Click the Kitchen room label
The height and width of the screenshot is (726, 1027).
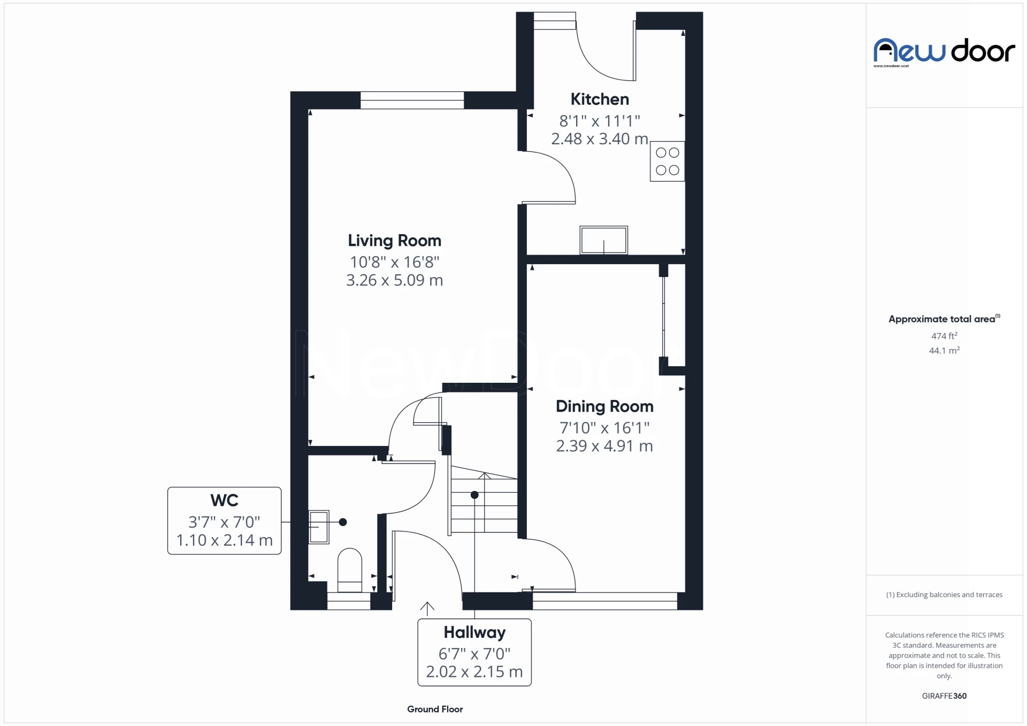tap(599, 99)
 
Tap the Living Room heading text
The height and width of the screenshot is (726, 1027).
tap(394, 241)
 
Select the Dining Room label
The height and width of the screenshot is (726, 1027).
tap(604, 406)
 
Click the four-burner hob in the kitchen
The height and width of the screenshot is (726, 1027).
tap(667, 161)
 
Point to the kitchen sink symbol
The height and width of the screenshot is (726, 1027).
tap(603, 240)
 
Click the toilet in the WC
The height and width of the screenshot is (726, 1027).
tap(350, 570)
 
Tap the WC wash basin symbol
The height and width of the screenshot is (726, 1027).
tap(319, 527)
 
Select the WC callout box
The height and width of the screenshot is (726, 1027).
tap(224, 521)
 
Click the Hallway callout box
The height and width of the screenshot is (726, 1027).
tap(474, 652)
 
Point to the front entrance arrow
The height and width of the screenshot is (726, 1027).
tap(427, 608)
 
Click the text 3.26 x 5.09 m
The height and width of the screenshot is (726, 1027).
tap(394, 280)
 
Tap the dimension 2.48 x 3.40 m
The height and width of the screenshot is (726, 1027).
tap(599, 139)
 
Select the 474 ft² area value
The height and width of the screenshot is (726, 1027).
tap(944, 336)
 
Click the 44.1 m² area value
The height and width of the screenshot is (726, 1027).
tap(944, 351)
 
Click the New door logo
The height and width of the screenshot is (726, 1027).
tap(944, 51)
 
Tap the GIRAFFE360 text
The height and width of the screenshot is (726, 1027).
tap(944, 696)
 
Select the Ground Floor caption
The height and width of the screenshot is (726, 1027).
tap(435, 709)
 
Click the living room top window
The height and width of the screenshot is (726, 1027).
tap(412, 100)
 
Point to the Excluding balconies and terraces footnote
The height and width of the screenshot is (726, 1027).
tap(944, 594)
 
